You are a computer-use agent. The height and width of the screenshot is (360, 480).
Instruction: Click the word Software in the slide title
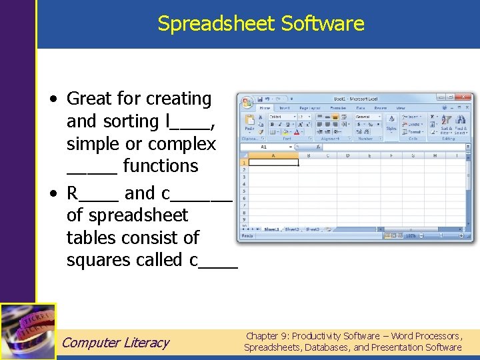323,24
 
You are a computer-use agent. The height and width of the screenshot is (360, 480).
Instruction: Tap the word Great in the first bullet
90,99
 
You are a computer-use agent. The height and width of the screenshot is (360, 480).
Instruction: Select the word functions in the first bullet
161,166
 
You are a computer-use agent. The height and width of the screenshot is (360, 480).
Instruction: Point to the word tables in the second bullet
94,237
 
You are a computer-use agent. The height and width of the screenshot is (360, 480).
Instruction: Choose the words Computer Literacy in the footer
115,343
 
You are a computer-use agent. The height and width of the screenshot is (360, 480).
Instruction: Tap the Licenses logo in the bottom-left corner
28,331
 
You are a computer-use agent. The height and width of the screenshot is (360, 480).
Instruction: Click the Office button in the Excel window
247,103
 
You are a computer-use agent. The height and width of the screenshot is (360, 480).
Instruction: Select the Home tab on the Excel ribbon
265,108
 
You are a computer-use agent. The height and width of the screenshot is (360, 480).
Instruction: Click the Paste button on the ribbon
249,127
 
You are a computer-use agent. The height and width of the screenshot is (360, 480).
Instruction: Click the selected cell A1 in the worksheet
273,162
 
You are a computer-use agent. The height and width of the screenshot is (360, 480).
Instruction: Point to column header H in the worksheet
435,155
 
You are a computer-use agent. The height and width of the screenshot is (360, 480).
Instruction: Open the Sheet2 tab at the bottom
292,229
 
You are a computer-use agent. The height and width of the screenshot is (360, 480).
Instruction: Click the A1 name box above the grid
264,147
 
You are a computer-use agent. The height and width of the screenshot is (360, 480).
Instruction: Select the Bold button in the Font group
272,124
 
